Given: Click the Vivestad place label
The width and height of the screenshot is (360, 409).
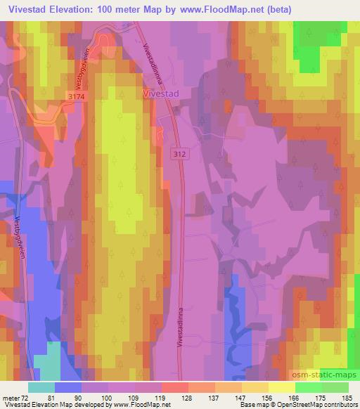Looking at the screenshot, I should click(162, 91).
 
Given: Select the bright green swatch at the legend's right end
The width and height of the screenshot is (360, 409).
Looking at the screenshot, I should click(335, 387).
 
